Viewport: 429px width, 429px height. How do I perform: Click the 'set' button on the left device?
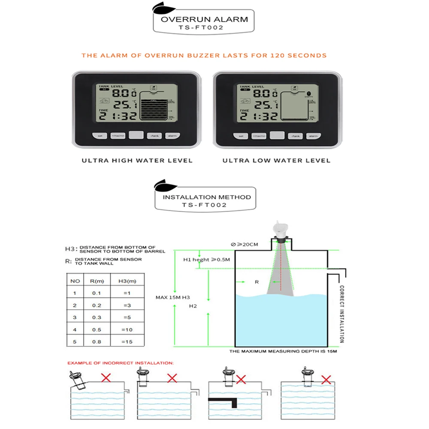[100, 136]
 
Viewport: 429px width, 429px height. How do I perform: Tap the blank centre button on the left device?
[136, 135]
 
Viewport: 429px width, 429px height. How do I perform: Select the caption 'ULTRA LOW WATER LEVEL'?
[276, 160]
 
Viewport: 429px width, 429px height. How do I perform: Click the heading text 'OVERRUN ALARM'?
[204, 19]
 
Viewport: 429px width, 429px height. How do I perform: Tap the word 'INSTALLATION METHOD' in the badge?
[207, 197]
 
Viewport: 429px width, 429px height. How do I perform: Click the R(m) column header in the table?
[99, 281]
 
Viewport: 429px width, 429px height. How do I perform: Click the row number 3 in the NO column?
[75, 317]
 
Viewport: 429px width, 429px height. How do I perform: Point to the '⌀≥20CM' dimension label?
[245, 245]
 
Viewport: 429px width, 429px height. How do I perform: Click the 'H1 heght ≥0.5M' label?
[207, 260]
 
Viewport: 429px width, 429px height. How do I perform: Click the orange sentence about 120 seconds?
[204, 55]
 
